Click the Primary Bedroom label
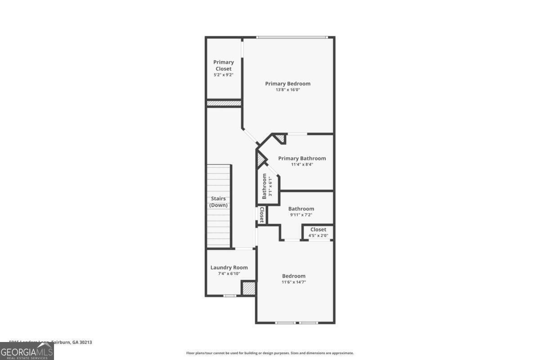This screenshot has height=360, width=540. click(288, 83)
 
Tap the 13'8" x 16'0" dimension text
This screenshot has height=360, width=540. click(288, 90)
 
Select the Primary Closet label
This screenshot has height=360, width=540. click(223, 65)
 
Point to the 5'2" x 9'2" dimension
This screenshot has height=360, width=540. click(223, 75)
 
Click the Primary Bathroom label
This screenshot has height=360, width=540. click(302, 158)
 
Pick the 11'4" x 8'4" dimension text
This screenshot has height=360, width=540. click(302, 165)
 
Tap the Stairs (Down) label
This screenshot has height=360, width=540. click(219, 202)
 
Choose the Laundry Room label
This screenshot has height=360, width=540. click(229, 267)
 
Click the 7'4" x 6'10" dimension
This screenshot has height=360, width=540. click(229, 274)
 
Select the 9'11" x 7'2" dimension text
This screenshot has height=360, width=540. click(301, 215)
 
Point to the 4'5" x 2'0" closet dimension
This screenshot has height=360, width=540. click(318, 235)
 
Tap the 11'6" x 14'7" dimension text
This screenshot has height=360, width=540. click(293, 282)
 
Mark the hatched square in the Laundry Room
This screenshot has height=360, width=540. click(248, 288)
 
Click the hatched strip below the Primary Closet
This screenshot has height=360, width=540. click(224, 103)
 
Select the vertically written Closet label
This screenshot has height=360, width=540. click(261, 215)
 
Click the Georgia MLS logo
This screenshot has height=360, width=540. click(27, 351)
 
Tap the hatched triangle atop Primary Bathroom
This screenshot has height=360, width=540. click(280, 138)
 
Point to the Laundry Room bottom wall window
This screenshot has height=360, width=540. click(229, 296)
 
